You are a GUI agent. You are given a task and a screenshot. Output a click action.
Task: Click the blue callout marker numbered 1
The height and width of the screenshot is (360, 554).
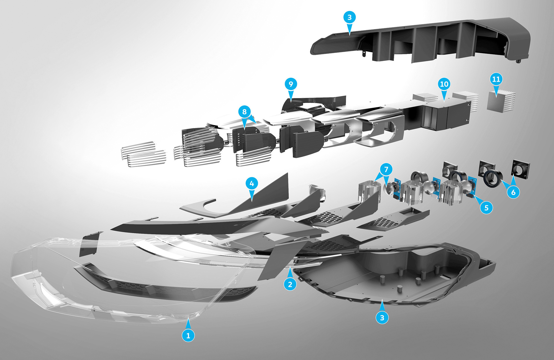tap(188, 335)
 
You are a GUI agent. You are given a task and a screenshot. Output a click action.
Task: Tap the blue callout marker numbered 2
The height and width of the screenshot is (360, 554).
tap(290, 284)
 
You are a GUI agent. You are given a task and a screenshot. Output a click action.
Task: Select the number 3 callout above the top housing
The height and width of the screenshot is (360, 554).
tap(350, 17)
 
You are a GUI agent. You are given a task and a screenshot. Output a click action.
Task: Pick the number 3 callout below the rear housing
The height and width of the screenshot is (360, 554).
tap(382, 317)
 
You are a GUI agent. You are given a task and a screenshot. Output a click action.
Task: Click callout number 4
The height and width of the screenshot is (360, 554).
tap(252, 183)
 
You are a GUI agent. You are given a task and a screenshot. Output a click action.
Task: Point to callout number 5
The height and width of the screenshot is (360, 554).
tap(486, 208)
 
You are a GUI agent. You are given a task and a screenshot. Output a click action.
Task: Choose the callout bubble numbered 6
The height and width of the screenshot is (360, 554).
tap(513, 192)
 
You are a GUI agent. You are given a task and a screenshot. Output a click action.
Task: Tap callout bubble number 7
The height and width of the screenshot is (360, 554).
tap(386, 169)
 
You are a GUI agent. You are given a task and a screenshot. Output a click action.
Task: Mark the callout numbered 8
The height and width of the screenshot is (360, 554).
tap(244, 112)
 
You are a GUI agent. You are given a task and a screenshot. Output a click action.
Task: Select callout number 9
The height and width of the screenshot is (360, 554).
tap(291, 84)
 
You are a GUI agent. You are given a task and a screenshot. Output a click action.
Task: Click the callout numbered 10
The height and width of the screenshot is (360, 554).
tap(444, 84)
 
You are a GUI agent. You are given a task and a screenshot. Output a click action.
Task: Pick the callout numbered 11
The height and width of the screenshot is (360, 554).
tap(496, 79)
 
